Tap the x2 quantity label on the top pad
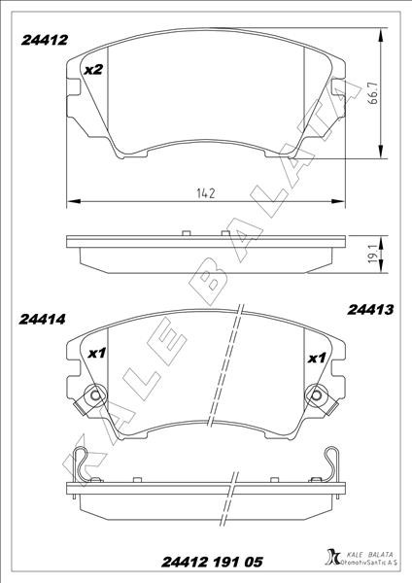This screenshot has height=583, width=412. [93, 70]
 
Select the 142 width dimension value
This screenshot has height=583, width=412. [204, 192]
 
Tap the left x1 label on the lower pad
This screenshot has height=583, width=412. [96, 354]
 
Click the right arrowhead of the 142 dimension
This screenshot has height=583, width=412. [340, 202]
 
